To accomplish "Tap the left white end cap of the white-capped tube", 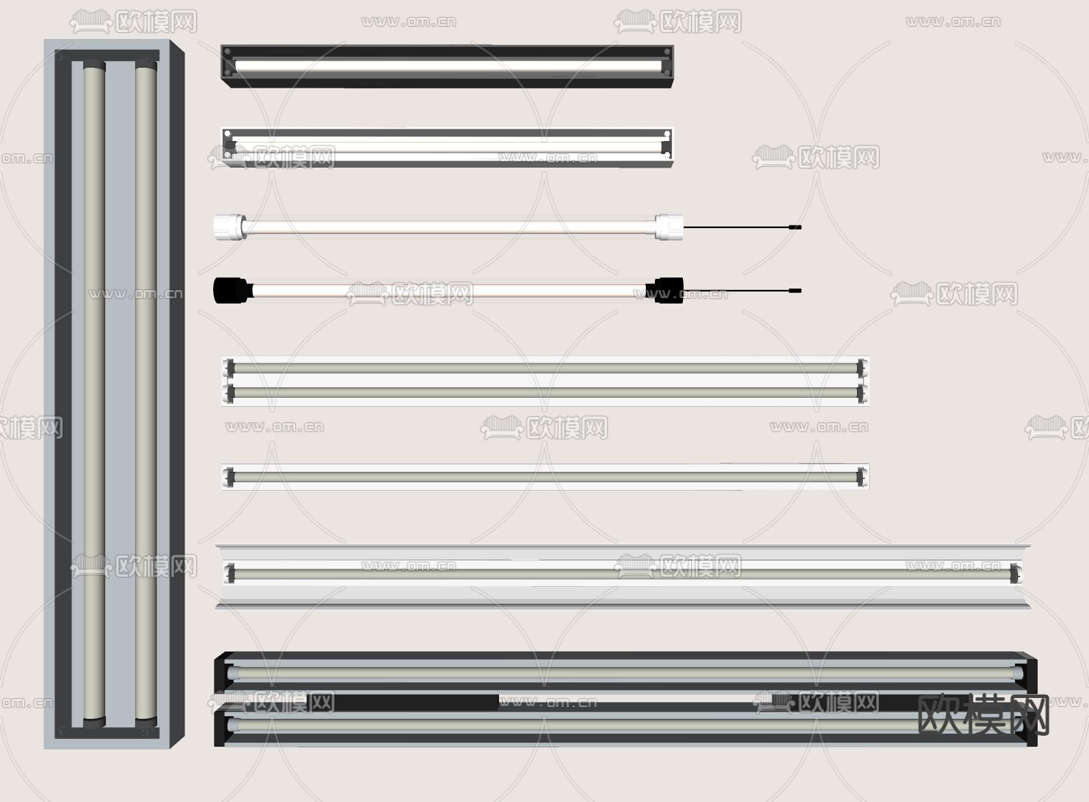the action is coord(229,227).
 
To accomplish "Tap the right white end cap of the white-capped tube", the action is coord(669,227).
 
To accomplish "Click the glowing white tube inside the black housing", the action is coord(448,66).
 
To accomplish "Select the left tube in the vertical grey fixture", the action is coord(94,393).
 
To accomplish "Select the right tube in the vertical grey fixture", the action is coord(146,393).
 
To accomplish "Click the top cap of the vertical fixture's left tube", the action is coord(94,65).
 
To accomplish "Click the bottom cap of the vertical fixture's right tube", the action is coord(146,722).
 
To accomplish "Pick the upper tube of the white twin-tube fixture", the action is coord(545,368).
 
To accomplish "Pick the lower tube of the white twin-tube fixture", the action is coord(545,393).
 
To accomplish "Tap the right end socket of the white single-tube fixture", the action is coord(861,476).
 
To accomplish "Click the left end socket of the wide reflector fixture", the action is coord(229,573).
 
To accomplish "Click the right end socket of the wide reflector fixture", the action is coord(1015,573).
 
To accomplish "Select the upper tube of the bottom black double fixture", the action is coord(624,673).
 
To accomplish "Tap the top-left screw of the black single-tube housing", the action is coord(227,51).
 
